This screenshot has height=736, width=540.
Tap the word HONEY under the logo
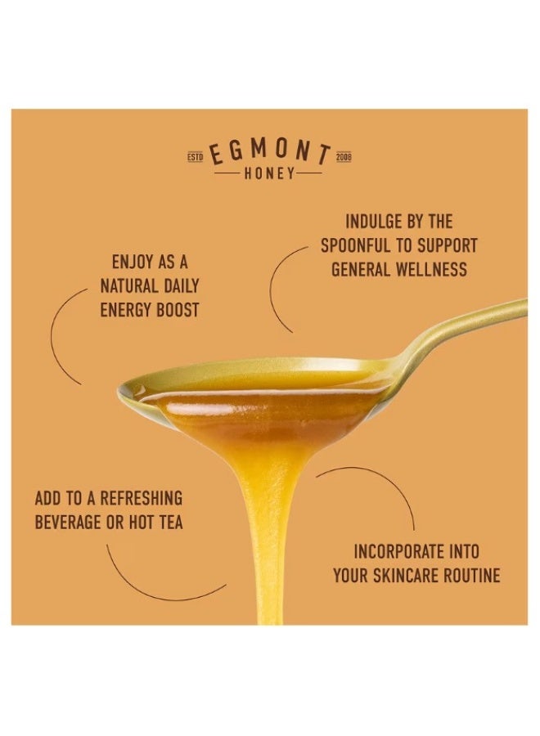coord(270,174)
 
